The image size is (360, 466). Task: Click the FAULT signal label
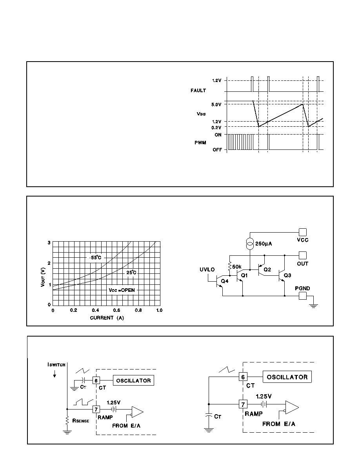(198, 90)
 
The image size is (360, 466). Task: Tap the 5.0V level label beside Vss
(216, 105)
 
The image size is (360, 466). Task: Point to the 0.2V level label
(216, 127)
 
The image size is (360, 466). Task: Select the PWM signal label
(200, 143)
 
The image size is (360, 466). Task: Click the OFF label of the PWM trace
(217, 150)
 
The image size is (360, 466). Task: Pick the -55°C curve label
(95, 257)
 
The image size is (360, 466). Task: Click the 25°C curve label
(131, 272)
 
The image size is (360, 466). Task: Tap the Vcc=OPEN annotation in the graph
(122, 290)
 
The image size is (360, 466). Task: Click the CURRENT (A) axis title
(107, 318)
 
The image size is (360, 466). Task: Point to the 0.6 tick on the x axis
(117, 310)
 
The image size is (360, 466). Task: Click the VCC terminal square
(302, 232)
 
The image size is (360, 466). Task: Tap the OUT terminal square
(302, 255)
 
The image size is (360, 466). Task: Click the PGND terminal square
(302, 296)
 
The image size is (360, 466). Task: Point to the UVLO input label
(207, 269)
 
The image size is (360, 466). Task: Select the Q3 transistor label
(287, 275)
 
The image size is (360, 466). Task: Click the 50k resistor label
(237, 267)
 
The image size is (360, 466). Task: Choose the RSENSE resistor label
(81, 421)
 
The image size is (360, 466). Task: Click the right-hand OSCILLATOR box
(287, 377)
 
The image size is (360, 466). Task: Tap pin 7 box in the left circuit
(96, 409)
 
